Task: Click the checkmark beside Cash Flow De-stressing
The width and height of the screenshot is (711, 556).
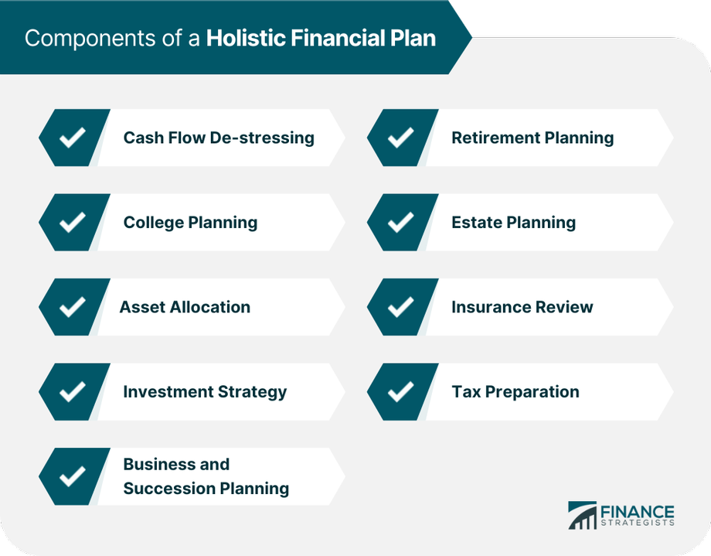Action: coord(73,138)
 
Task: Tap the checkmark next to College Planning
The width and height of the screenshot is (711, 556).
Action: coord(73,223)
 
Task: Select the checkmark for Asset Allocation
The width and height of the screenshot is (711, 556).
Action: coord(73,307)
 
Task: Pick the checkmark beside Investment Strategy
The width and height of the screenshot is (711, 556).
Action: coord(73,392)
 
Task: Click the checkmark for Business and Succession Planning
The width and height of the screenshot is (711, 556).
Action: coord(73,476)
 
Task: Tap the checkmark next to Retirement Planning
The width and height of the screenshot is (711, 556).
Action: coord(400,138)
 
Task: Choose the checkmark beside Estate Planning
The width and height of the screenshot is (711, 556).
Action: coord(400,223)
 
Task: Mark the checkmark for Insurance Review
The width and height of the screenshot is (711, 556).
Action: coord(400,307)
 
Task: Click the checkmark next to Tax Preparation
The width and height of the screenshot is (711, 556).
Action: coord(400,392)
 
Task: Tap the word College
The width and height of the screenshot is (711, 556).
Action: coord(153,223)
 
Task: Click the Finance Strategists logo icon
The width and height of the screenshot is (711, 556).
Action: coord(582,516)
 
